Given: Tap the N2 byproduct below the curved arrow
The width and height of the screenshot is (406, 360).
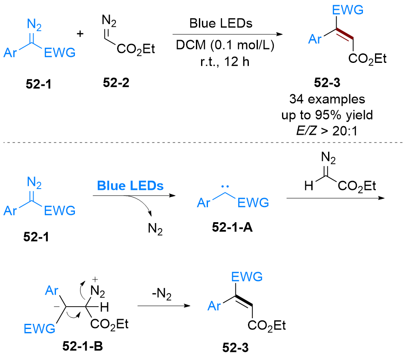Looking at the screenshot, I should point(155,227).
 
